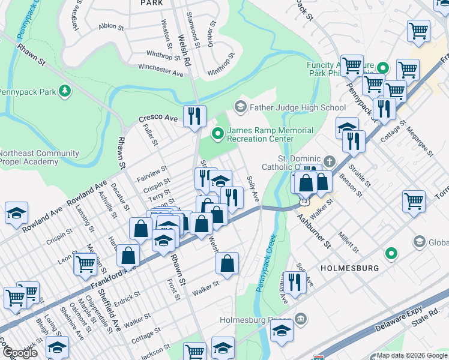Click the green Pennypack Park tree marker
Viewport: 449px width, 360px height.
click(x=63, y=92)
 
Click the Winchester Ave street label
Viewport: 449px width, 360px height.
click(x=160, y=70)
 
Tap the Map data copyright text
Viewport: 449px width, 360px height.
click(x=412, y=355)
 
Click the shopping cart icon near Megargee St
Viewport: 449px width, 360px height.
click(x=414, y=201)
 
